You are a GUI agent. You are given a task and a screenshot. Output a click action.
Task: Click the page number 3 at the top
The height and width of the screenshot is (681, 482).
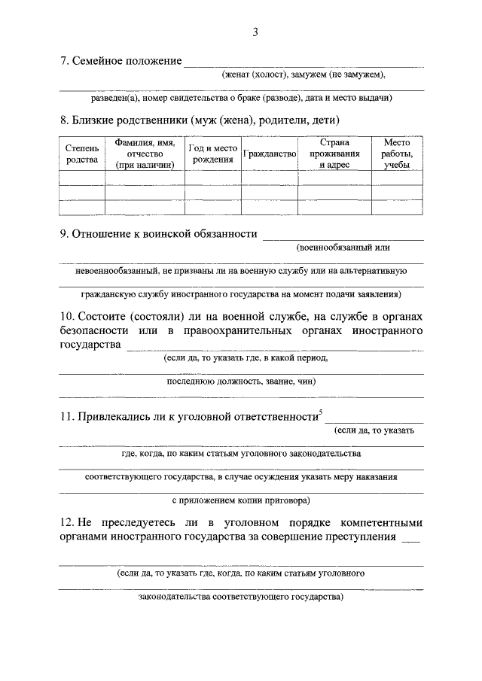pos(255,32)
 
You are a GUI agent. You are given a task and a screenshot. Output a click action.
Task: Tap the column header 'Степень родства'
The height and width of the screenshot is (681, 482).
pos(81,154)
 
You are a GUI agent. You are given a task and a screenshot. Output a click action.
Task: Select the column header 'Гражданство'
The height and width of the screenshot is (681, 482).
pos(271,154)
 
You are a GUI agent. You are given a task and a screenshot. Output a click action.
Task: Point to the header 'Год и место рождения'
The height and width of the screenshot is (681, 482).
pos(213,154)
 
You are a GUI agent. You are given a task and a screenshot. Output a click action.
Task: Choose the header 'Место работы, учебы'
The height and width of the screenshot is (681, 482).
pos(396,154)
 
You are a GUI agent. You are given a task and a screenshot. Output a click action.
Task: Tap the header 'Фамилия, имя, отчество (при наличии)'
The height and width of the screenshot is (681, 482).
pos(145,154)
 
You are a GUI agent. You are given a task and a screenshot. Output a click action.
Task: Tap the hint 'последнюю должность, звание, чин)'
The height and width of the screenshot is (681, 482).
pos(241,382)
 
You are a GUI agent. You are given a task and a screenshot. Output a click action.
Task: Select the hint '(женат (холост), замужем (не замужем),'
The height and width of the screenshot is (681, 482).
pos(304,74)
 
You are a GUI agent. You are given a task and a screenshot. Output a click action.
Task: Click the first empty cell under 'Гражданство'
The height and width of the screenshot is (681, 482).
pos(271,178)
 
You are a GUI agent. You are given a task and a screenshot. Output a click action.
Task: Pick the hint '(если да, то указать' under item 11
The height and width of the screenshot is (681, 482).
pos(374,430)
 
